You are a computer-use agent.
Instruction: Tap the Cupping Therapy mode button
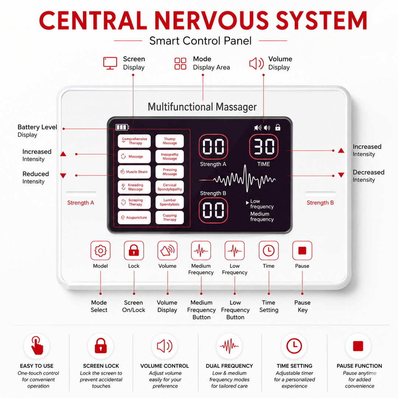(170, 217)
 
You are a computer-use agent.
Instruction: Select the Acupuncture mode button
(134, 217)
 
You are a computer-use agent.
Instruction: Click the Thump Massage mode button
(170, 141)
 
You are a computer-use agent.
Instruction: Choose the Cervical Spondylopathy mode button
(170, 187)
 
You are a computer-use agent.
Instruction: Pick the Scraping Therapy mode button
(134, 202)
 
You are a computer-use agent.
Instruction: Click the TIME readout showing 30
(264, 147)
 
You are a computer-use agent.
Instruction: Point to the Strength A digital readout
(213, 147)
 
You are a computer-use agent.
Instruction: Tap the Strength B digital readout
(213, 210)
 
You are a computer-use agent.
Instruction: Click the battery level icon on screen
(122, 127)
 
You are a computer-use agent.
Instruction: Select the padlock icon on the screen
(278, 128)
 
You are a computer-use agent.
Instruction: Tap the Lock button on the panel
(134, 251)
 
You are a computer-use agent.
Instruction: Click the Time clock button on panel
(269, 251)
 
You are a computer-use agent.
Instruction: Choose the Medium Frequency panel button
(201, 251)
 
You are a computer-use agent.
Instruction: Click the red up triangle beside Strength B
(341, 150)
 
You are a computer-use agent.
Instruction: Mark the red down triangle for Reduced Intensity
(63, 175)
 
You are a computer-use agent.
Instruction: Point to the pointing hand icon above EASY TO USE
(37, 345)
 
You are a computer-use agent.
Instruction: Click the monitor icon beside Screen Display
(110, 63)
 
